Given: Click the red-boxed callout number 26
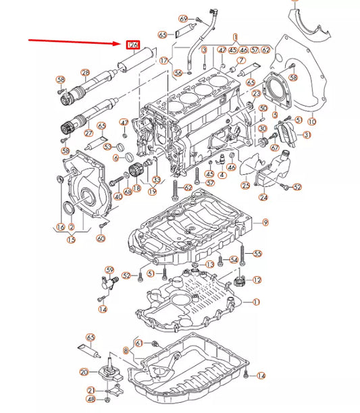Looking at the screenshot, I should (x=133, y=46).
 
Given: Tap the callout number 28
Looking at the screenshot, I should (x=85, y=72).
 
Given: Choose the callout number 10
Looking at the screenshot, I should (x=311, y=122).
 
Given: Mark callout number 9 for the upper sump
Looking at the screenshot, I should (x=265, y=223).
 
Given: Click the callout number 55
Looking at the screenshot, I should (x=257, y=254).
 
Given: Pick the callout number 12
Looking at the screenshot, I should (x=257, y=279).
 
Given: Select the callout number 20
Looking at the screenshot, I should (x=84, y=372).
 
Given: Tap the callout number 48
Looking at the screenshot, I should (x=91, y=401).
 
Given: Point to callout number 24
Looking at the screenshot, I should (x=263, y=198).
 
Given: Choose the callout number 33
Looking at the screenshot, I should (x=157, y=180).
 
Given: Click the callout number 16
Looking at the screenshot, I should (x=61, y=227).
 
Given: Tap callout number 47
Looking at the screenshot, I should (x=124, y=123).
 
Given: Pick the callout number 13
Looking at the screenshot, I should (x=209, y=264).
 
